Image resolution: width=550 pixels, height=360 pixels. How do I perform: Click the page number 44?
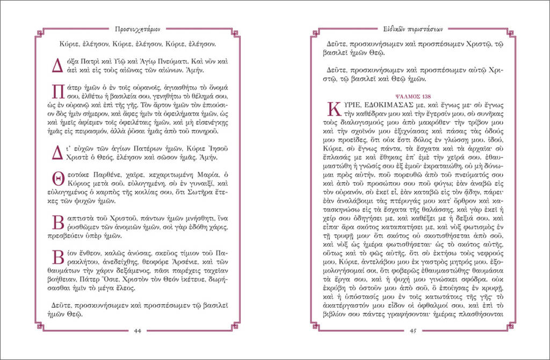[137, 331]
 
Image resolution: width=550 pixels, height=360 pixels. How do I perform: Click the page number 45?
[413, 331]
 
